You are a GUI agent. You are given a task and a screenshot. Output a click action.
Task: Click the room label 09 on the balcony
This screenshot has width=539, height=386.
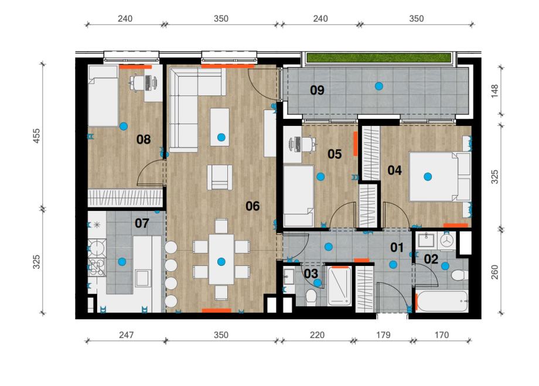(x=317, y=90)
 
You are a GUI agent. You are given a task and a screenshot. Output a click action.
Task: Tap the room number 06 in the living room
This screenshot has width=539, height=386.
(x=253, y=206)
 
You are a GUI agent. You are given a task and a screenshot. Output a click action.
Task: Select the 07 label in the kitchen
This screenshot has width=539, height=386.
(x=142, y=223)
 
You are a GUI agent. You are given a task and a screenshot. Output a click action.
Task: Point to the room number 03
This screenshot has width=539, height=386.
(x=311, y=274)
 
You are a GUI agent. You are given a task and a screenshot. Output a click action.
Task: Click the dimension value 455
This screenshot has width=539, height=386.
(x=36, y=136)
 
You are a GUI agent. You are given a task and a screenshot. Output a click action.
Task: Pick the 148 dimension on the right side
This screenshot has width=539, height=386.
(x=494, y=91)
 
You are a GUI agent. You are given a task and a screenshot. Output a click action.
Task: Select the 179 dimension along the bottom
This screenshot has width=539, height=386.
(x=383, y=335)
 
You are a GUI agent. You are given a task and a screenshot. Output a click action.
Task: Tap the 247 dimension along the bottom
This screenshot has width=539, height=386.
(x=126, y=335)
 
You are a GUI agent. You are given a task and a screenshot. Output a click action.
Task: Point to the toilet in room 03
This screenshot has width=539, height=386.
(x=312, y=297)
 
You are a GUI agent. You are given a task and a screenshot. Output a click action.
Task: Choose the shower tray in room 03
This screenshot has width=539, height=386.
(x=339, y=286)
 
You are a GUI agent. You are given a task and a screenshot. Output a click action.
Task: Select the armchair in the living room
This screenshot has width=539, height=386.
(x=220, y=177)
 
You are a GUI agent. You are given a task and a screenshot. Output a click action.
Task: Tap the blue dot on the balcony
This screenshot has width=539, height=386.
(x=379, y=86)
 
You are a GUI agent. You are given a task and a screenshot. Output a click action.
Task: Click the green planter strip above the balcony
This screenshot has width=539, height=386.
(x=378, y=58)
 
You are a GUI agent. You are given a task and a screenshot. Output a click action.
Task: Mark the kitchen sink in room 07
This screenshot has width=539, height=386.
(x=142, y=278)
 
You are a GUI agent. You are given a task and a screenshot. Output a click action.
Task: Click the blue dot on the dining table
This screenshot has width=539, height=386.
(x=221, y=262)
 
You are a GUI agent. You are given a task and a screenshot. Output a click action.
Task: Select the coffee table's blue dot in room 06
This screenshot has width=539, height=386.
(x=221, y=137)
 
